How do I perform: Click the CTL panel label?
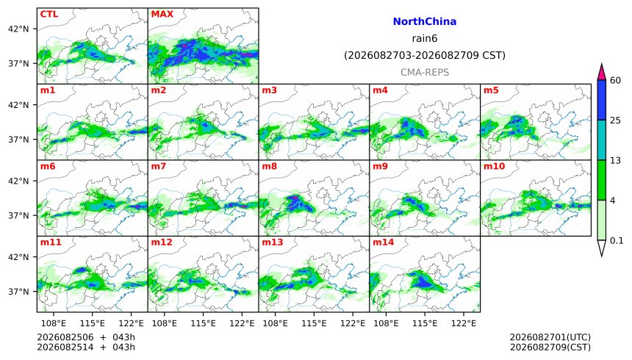click(x=49, y=14)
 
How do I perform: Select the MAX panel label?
click(x=162, y=14)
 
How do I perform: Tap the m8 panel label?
click(x=269, y=166)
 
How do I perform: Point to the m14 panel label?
click(x=383, y=242)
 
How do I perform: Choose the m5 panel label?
click(x=491, y=90)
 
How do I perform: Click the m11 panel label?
click(x=51, y=242)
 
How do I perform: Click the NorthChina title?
click(x=425, y=21)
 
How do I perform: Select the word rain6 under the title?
click(x=425, y=38)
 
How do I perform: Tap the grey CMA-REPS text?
click(x=425, y=72)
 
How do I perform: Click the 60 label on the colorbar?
click(x=615, y=80)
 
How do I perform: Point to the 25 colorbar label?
click(x=615, y=120)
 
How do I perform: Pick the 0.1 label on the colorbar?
click(x=617, y=241)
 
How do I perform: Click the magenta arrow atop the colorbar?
click(x=601, y=73)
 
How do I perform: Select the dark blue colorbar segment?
click(x=601, y=100)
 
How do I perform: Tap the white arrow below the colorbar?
click(x=601, y=247)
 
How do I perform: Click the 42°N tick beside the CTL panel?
click(x=18, y=29)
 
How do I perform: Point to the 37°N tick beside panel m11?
click(x=18, y=291)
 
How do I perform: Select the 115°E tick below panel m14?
click(x=425, y=323)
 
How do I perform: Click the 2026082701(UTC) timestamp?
click(x=550, y=337)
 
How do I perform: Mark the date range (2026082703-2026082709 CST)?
click(x=425, y=55)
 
